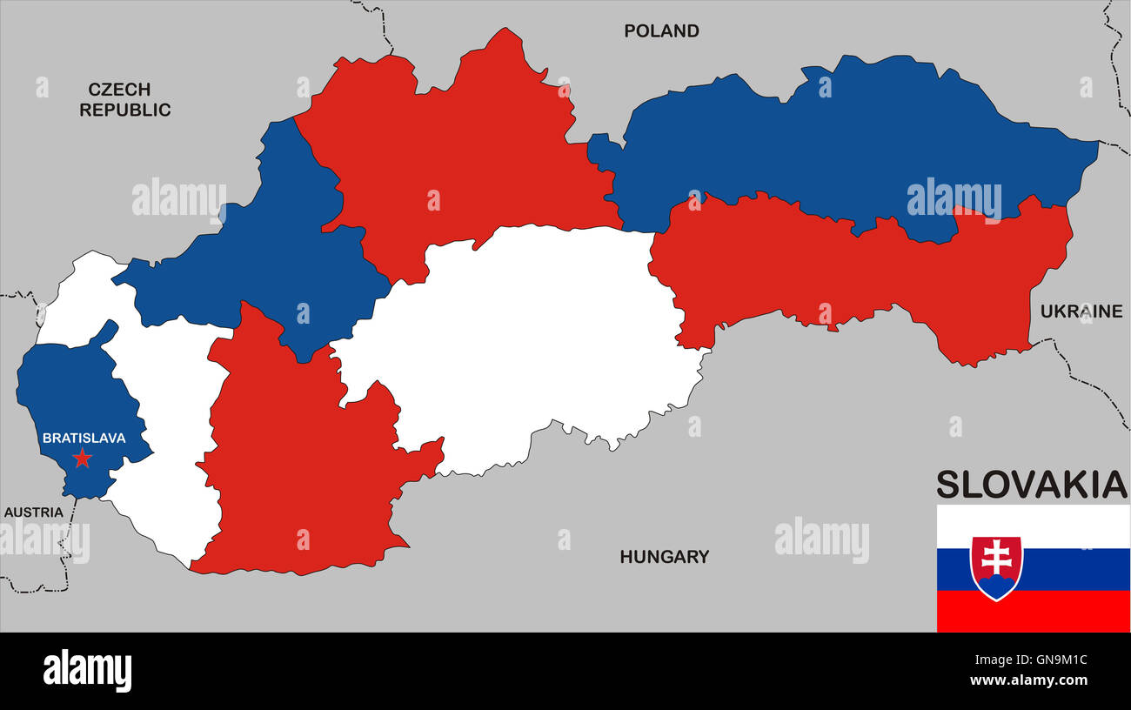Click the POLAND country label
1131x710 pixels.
click(661, 31)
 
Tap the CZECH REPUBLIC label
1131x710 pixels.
click(125, 99)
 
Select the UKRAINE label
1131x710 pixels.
click(1081, 311)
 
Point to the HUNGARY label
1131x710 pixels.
click(664, 557)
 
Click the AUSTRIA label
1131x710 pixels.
click(34, 512)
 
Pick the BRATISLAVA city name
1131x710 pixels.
click(84, 439)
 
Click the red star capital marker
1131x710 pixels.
click(83, 459)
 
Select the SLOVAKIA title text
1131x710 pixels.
click(1031, 485)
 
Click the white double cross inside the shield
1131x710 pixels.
click(997, 558)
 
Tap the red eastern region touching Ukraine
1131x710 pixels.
click(870, 270)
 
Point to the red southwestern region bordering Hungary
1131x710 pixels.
click(296, 470)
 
